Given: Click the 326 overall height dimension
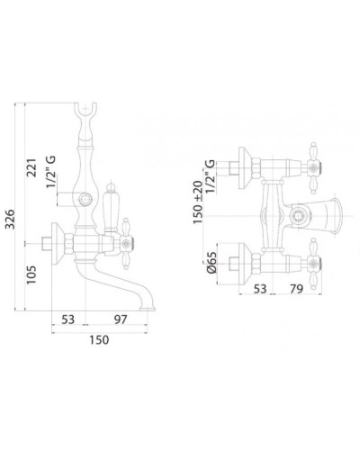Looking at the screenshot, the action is pyautogui.click(x=11, y=219).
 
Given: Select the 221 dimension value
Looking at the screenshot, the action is pyautogui.click(x=31, y=167).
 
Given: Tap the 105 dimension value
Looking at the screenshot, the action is pyautogui.click(x=31, y=274).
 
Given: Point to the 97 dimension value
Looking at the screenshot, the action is pyautogui.click(x=121, y=319).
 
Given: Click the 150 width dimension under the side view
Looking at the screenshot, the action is pyautogui.click(x=99, y=340).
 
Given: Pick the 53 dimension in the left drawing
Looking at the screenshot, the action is pyautogui.click(x=68, y=319).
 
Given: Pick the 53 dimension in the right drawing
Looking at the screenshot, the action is pyautogui.click(x=260, y=289).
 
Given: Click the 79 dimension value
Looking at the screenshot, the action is pyautogui.click(x=296, y=289).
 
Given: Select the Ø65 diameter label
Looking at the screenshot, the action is pyautogui.click(x=211, y=262).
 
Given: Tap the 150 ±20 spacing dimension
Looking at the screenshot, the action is pyautogui.click(x=198, y=202).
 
